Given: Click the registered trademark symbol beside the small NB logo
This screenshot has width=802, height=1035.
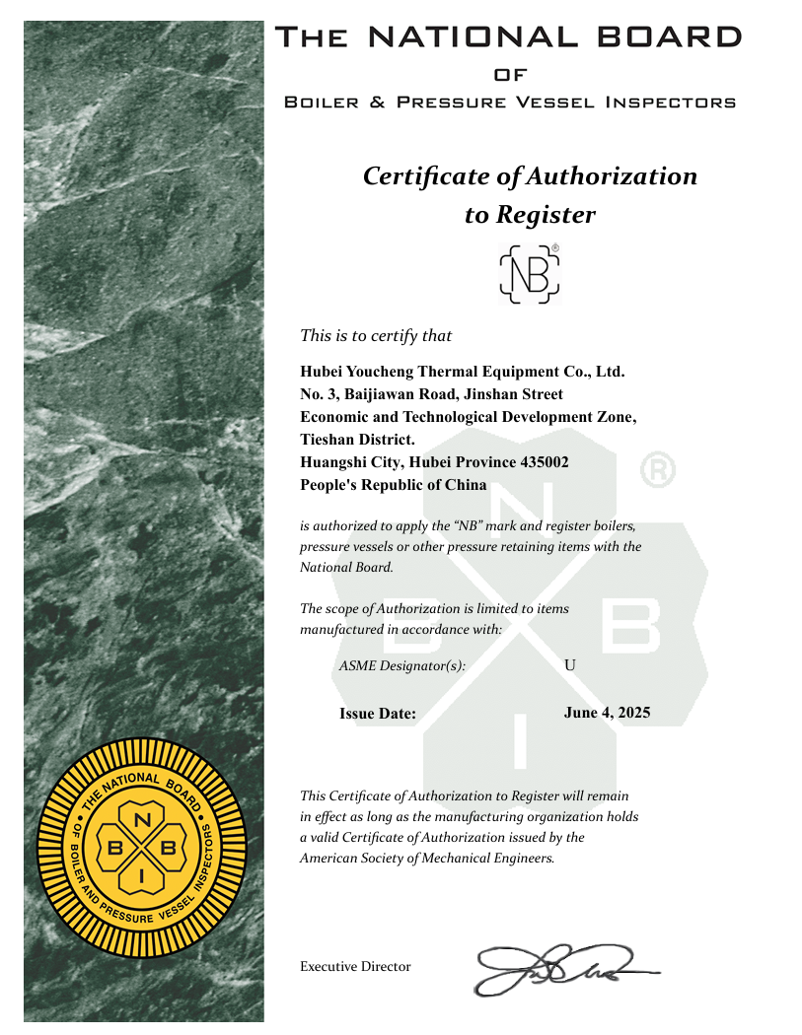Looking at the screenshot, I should coord(555,247).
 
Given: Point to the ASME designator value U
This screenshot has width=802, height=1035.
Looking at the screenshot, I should coord(569,665).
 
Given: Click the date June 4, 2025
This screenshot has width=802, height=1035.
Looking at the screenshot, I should coord(607,713).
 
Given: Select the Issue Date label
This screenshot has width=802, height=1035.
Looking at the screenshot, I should coord(378,714).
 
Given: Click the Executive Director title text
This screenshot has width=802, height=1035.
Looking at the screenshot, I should coord(355,967).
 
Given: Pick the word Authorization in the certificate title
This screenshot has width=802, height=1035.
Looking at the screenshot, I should coord(611,176).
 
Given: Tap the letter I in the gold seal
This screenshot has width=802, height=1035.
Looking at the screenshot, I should coord(142,875).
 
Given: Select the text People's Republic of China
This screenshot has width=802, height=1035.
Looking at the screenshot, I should coord(393,484).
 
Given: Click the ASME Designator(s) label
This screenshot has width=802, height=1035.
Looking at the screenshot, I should coord(401,666).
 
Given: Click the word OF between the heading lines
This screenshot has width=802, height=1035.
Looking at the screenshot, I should coord(510,75).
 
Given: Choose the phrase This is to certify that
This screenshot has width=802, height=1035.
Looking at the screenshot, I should coord(376,336).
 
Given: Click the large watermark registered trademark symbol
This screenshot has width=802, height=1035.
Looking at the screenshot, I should coord(658,471).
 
